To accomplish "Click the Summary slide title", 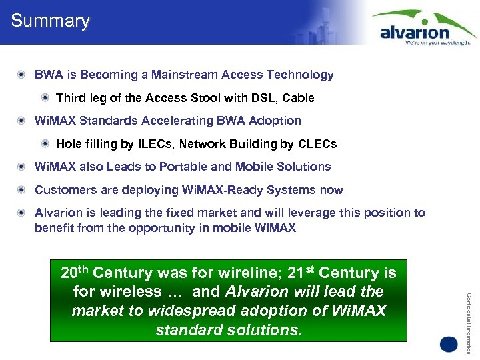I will click(50, 21).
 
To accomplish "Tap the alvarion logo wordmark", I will click(414, 31).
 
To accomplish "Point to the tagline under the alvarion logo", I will click(438, 42).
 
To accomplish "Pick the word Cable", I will click(298, 98).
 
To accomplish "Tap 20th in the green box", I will click(75, 272).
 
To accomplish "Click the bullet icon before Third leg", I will click(45, 98).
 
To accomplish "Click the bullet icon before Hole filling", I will click(45, 144).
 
